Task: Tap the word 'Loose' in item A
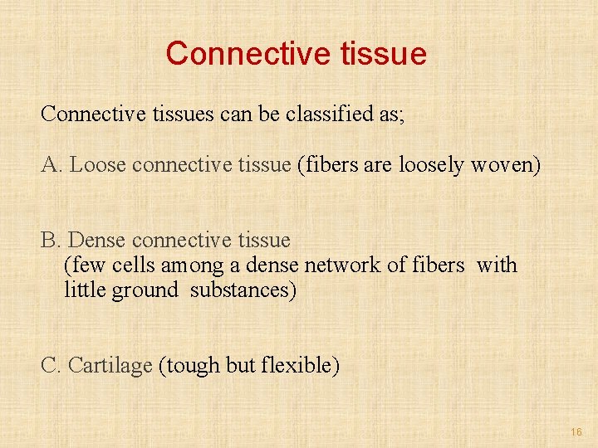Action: [98, 165]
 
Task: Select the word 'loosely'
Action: [431, 165]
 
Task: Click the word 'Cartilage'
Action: [110, 365]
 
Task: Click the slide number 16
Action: [576, 432]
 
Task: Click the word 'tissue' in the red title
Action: [384, 54]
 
